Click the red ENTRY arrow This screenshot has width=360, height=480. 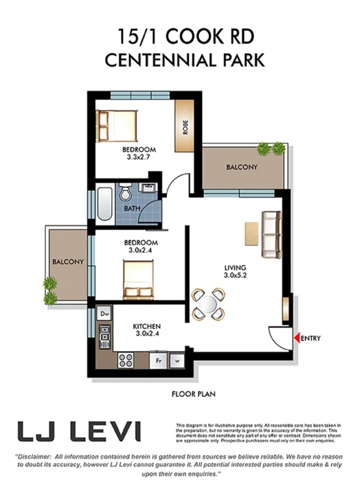296,338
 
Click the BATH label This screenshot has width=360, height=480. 133,208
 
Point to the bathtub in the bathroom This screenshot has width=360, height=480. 104,201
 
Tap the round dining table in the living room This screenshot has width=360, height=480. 209,303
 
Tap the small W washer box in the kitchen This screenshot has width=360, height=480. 176,359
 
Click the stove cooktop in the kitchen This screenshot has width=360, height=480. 126,358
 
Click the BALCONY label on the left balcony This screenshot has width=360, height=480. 67,262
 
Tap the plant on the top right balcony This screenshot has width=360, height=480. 271,148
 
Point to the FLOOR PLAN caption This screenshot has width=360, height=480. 194,394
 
